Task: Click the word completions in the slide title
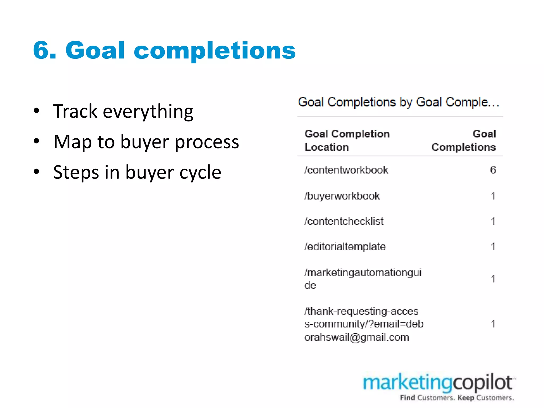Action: [215, 51]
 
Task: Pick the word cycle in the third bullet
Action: [200, 172]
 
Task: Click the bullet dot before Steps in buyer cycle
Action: [37, 172]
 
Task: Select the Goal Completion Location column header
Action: [347, 141]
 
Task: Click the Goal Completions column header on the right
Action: [464, 141]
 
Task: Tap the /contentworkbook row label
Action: [346, 170]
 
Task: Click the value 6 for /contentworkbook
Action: [493, 170]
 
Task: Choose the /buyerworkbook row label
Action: [342, 196]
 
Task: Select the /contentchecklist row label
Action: [344, 221]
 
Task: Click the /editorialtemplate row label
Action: [345, 247]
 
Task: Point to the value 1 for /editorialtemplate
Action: [493, 246]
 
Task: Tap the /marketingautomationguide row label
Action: [363, 279]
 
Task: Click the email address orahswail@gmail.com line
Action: [356, 337]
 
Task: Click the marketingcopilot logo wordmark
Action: [438, 383]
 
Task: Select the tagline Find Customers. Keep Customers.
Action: [457, 398]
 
